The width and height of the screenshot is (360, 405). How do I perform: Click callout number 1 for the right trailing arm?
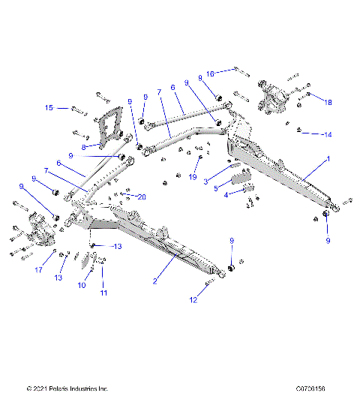click(327, 160)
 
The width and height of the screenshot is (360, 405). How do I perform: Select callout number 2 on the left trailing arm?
click(155, 281)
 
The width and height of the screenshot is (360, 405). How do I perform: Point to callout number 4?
click(227, 195)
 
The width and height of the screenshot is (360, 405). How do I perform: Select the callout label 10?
click(82, 286)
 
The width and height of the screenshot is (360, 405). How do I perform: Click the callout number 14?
click(327, 134)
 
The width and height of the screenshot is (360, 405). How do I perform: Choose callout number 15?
click(49, 108)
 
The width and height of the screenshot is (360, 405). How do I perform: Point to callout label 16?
click(211, 73)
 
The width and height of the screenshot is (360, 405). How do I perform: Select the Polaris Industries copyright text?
click(67, 388)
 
